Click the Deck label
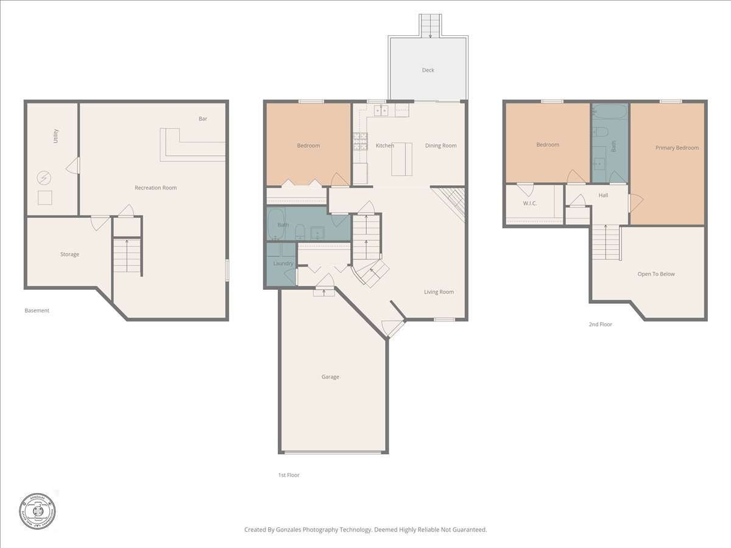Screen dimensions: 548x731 pyautogui.click(x=428, y=70)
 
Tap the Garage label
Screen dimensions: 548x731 pyautogui.click(x=330, y=377)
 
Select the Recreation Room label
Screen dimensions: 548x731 pyautogui.click(x=155, y=188)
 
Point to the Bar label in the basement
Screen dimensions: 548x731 pyautogui.click(x=203, y=119)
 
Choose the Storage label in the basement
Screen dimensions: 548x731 pyautogui.click(x=69, y=254)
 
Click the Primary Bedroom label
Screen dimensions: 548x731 pyautogui.click(x=677, y=147)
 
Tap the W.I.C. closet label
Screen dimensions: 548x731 pyautogui.click(x=529, y=203)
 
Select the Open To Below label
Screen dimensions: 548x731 pyautogui.click(x=656, y=274)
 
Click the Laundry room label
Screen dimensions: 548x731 pyautogui.click(x=283, y=263)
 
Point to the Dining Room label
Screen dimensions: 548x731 pyautogui.click(x=440, y=146)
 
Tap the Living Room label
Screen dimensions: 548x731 pyautogui.click(x=439, y=292)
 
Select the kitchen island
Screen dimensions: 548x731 pyautogui.click(x=402, y=159)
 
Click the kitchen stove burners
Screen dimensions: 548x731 pyautogui.click(x=359, y=142)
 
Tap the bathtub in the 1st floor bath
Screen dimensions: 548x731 pyautogui.click(x=276, y=224)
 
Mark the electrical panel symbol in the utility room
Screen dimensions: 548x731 pyautogui.click(x=44, y=177)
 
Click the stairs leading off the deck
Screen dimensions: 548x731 pyautogui.click(x=430, y=26)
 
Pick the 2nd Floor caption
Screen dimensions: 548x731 pyautogui.click(x=600, y=325)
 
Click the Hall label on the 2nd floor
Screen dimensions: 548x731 pyautogui.click(x=603, y=195)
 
